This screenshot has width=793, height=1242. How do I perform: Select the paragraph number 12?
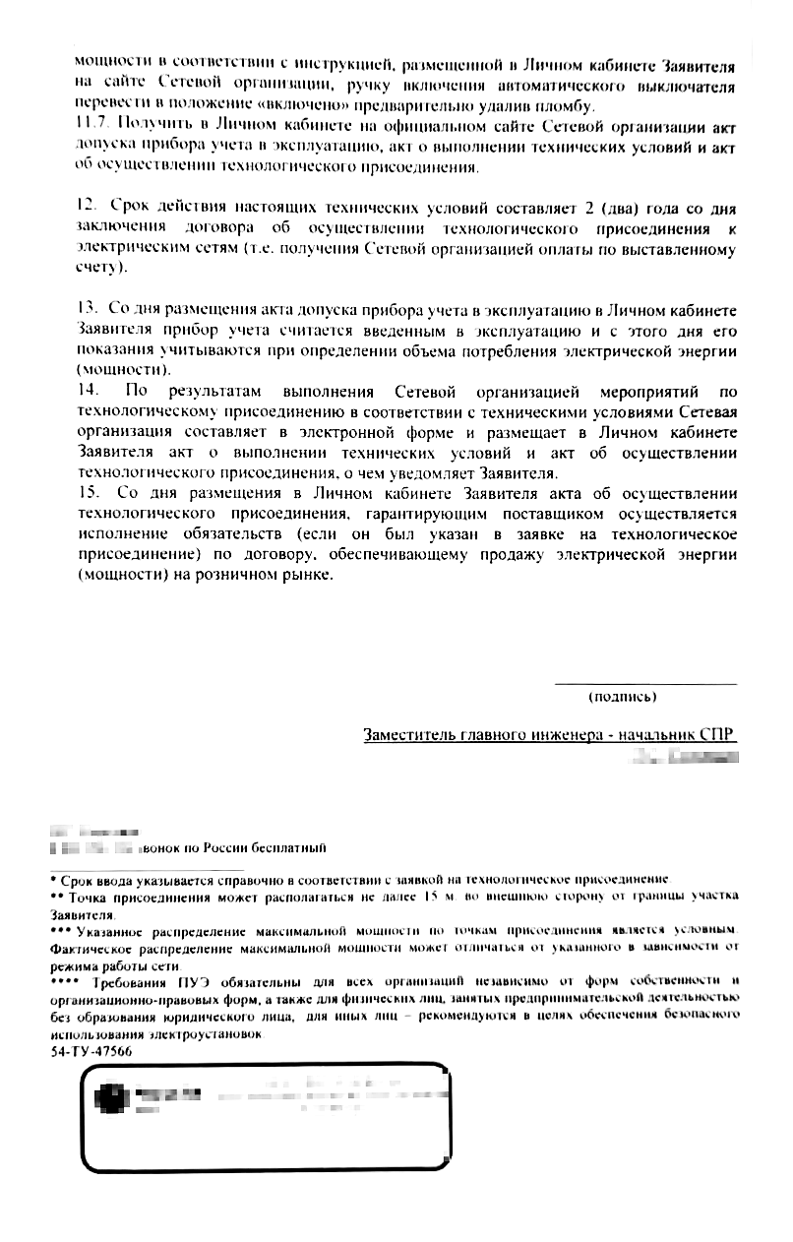86,209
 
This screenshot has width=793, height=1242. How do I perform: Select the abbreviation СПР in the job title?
718,735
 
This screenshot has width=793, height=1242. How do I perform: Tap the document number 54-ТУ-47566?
90,1052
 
